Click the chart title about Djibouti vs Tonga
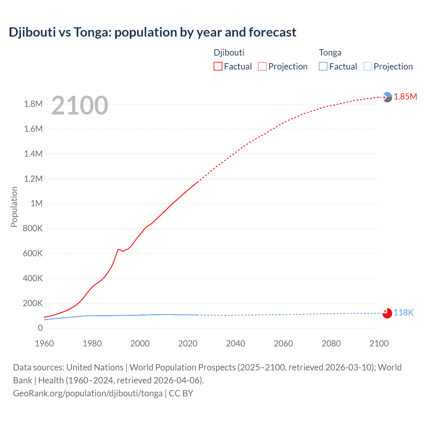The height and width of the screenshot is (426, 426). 152,32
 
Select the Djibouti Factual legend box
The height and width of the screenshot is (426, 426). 218,66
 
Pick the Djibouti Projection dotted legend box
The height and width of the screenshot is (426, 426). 262,66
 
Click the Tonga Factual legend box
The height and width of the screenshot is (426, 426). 323,66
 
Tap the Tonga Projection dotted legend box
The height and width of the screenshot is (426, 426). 368,66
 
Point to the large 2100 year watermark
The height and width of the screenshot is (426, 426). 80,106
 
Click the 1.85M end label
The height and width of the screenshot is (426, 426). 405,97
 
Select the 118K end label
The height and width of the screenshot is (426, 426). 403,313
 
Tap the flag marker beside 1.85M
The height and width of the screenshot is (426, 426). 387,97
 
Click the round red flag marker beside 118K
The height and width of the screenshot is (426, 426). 387,313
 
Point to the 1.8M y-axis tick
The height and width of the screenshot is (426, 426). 33,104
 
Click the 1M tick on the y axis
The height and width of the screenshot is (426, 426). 37,203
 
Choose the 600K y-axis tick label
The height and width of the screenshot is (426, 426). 33,253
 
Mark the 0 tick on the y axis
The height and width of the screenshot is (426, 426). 40,328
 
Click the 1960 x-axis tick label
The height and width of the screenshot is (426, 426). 44,343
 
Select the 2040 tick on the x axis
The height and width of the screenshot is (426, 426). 236,343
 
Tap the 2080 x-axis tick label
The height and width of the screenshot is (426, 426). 331,343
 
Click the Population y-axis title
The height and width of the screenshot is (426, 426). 14,207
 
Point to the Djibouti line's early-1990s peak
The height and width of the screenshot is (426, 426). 118,249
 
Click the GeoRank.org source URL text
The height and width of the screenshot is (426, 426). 88,393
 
